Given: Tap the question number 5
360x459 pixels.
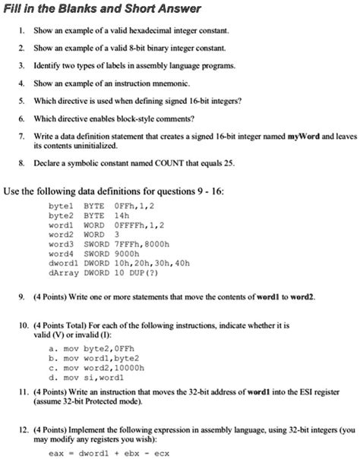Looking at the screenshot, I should tap(23, 99).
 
